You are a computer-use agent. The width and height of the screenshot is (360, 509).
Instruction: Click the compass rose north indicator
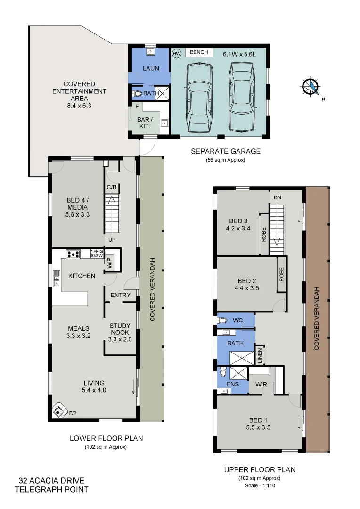click(311, 86)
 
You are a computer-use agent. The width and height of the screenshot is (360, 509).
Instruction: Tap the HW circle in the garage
click(177, 54)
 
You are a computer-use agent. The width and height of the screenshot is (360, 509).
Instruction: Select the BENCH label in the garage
click(199, 52)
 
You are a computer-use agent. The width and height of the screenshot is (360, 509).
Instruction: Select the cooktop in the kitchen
click(73, 254)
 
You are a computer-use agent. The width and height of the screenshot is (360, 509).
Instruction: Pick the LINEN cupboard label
click(259, 355)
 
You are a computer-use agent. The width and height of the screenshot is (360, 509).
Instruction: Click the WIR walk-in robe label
click(261, 385)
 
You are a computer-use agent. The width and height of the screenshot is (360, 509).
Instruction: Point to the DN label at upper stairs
click(277, 198)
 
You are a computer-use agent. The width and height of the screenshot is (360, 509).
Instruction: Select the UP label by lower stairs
click(112, 240)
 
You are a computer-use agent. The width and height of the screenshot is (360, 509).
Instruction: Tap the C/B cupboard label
click(112, 188)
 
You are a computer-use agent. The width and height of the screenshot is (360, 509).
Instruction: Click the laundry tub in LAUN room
click(151, 51)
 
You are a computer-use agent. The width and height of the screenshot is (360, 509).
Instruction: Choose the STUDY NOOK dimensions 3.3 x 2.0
click(120, 339)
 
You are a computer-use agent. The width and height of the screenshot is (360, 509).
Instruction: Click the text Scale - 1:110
click(260, 485)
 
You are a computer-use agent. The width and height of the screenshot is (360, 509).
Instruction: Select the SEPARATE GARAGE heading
click(225, 151)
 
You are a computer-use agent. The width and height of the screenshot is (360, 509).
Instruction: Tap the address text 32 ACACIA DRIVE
click(51, 481)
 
